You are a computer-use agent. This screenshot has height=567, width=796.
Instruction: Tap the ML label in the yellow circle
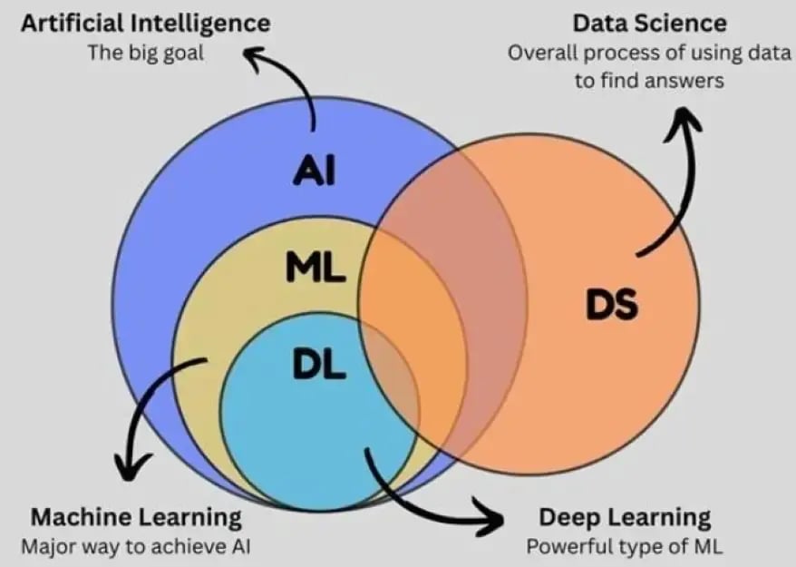point(315,268)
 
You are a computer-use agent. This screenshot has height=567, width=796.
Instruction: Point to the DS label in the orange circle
point(611,306)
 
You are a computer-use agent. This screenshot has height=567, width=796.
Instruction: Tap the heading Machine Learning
point(137,518)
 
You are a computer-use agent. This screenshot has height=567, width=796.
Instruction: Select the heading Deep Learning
point(625,518)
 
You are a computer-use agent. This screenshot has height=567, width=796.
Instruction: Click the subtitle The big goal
point(145,52)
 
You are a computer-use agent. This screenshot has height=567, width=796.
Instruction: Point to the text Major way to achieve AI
point(137,547)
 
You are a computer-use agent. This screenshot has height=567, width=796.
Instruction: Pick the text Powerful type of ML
point(625,547)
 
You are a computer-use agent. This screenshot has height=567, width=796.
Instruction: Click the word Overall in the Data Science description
point(541,52)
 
